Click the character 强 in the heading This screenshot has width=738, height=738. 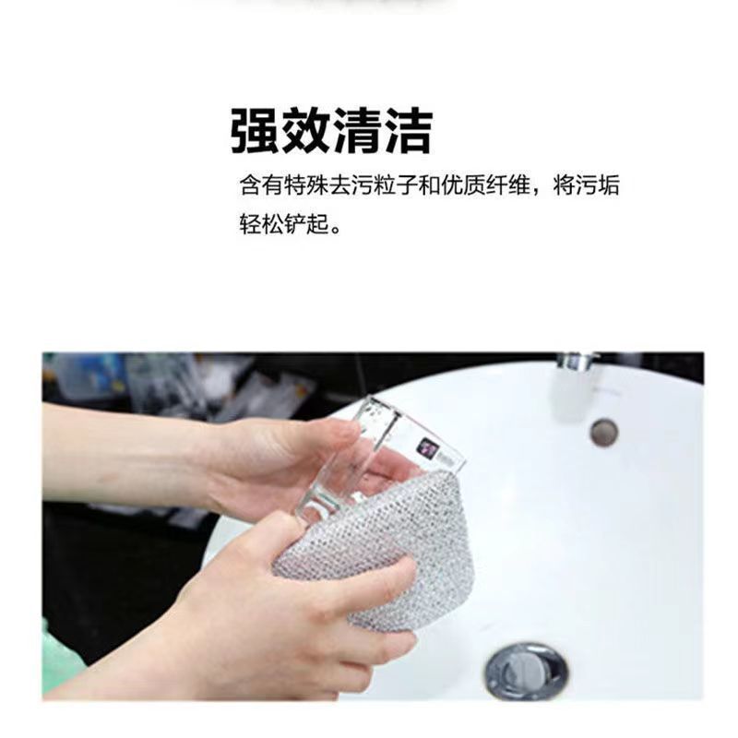pyautogui.click(x=256, y=130)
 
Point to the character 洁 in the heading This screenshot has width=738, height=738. pyautogui.click(x=408, y=130)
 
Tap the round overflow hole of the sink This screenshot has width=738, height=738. pyautogui.click(x=604, y=433)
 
